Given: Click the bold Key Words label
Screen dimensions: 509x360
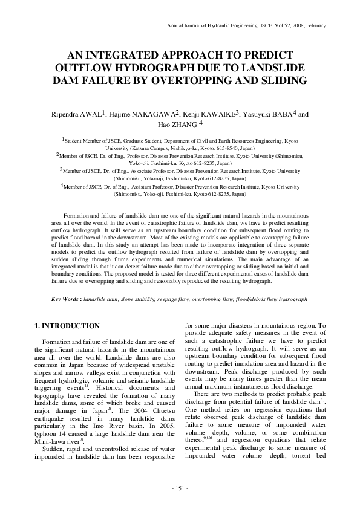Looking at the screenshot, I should point(65,299).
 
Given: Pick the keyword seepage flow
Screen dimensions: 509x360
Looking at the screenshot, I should point(174,299).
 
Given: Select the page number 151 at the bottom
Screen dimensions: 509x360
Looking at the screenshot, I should point(180,487).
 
